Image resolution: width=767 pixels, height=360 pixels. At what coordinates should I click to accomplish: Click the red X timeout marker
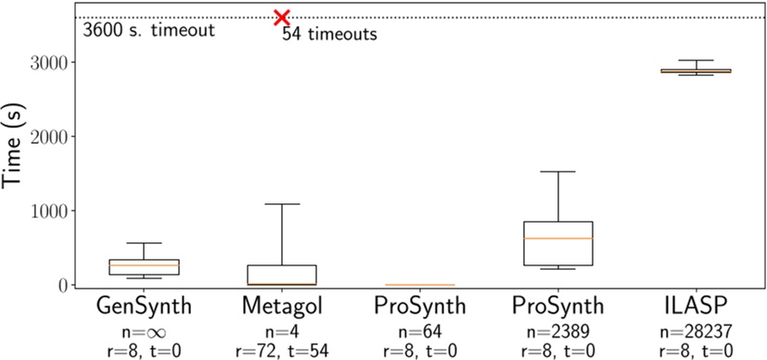pyautogui.click(x=282, y=18)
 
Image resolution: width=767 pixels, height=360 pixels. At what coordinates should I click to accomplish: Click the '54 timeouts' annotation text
pyautogui.click(x=329, y=35)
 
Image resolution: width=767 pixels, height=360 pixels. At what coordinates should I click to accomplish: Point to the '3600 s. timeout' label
pyautogui.click(x=149, y=30)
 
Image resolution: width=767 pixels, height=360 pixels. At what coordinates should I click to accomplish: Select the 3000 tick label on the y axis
pyautogui.click(x=58, y=63)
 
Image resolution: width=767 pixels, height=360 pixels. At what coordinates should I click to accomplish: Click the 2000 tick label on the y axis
pyautogui.click(x=58, y=137)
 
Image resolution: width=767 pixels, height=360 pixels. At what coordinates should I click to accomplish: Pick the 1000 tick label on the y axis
pyautogui.click(x=58, y=212)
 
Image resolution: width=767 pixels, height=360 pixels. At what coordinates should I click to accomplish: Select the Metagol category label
pyautogui.click(x=283, y=306)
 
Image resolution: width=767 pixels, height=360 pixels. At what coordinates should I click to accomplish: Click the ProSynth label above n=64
pyautogui.click(x=421, y=306)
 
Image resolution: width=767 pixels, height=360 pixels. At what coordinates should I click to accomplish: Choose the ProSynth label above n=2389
pyautogui.click(x=560, y=306)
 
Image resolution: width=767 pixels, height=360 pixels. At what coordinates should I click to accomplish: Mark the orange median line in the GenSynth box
pyautogui.click(x=144, y=266)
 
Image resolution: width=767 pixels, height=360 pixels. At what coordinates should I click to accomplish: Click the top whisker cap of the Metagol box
pyautogui.click(x=283, y=204)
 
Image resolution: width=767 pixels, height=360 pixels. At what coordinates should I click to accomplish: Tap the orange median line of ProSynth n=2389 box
pyautogui.click(x=560, y=238)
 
